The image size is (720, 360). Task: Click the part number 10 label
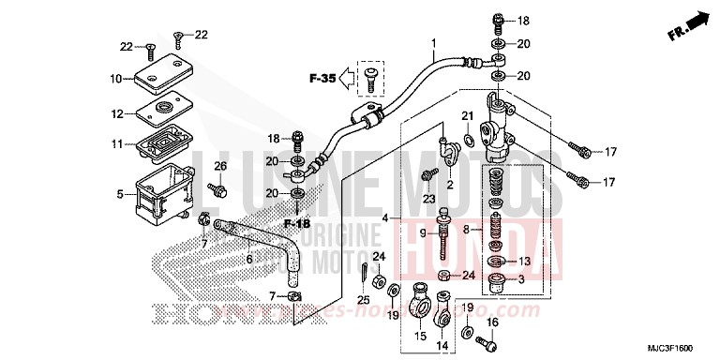click(116, 79)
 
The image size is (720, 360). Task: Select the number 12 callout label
click(116, 114)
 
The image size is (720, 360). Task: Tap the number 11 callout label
click(116, 144)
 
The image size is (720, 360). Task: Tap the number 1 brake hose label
click(434, 43)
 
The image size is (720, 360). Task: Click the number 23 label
click(429, 199)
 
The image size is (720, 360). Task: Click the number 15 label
click(421, 335)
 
